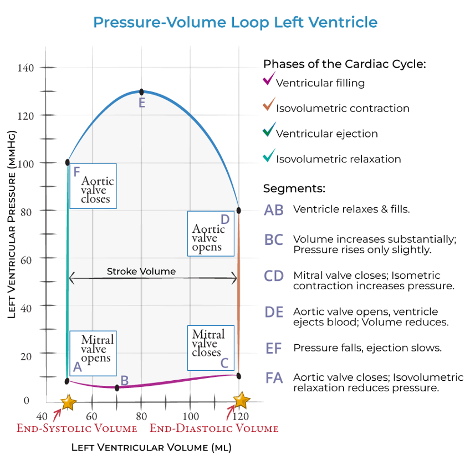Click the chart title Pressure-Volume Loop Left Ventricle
[236, 23]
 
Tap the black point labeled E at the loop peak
[141, 92]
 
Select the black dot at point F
[68, 162]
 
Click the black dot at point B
[117, 388]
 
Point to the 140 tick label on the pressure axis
[25, 68]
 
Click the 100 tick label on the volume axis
[191, 416]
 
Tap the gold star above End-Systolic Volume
[69, 402]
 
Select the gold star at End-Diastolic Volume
[241, 400]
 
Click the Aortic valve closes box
[93, 186]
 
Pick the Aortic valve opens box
[211, 234]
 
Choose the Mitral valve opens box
[93, 354]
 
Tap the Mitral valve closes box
[211, 348]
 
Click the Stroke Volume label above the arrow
[141, 272]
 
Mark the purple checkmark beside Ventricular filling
[269, 79]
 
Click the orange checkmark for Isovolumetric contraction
[269, 104]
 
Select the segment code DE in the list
[274, 312]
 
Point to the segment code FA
[274, 378]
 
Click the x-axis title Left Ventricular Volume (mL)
[151, 448]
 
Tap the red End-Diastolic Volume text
[214, 428]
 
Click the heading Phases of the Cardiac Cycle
[344, 64]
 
